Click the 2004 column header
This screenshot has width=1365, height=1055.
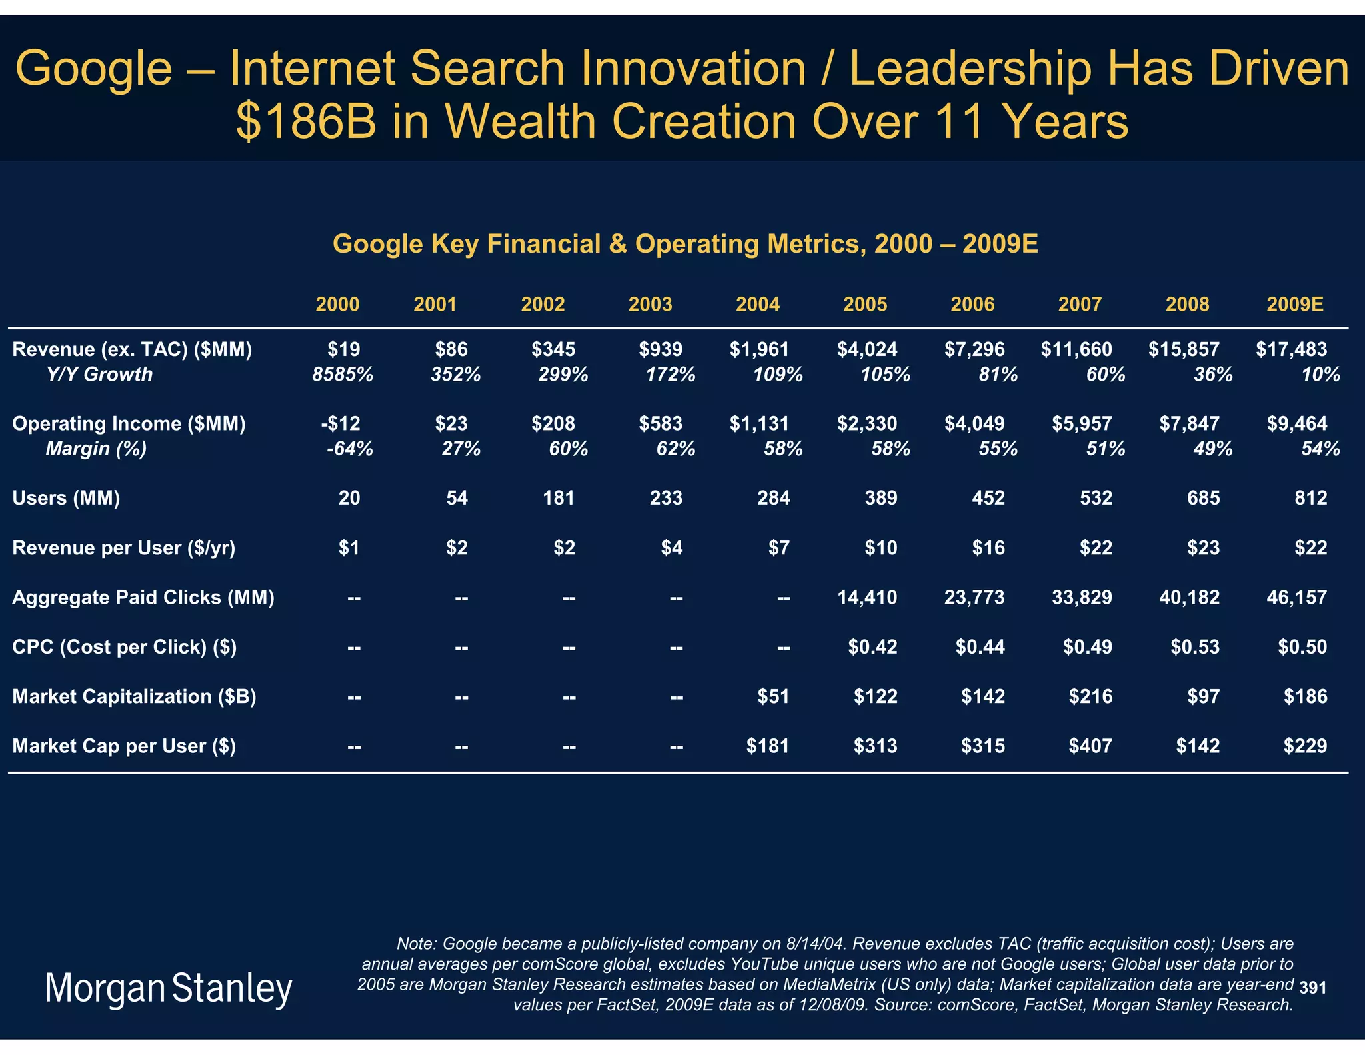757,305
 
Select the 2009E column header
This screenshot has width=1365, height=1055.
1294,305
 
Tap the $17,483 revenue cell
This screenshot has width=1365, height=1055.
1291,349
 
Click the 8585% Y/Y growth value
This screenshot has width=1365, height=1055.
343,375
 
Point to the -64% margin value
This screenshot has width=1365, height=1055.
349,449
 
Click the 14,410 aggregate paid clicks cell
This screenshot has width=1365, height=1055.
867,597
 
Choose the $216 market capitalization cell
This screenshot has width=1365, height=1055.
1090,696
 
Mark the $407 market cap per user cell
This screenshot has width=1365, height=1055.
1090,746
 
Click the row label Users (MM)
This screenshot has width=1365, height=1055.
67,498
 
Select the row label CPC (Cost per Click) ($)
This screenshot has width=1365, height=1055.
125,647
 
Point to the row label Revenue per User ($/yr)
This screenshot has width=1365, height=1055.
124,548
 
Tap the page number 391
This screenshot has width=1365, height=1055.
1312,988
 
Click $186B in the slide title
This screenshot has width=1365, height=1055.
306,122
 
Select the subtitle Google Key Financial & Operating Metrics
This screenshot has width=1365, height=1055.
684,244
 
